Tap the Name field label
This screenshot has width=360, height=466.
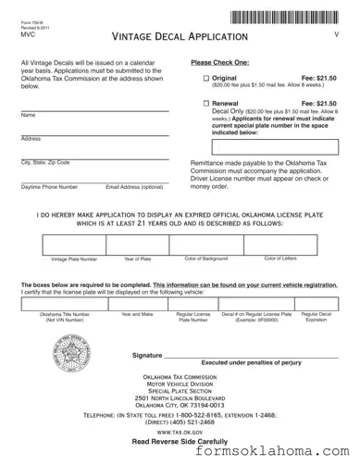coord(28,115)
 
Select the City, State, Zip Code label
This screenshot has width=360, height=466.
coord(44,162)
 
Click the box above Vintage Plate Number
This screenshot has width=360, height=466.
coord(73,243)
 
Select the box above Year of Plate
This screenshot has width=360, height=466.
coord(138,243)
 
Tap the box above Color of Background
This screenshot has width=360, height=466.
coord(205,243)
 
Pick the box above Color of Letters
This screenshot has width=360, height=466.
coord(280,243)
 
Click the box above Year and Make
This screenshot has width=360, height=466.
coord(137,304)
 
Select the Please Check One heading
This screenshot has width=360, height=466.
coord(218,62)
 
